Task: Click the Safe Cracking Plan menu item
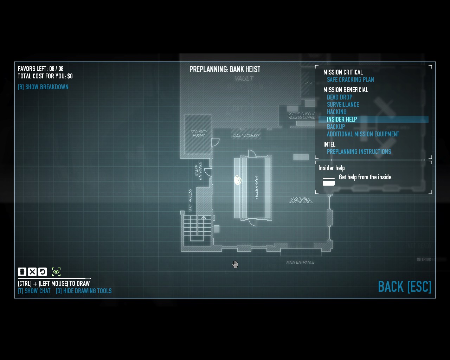pyautogui.click(x=350, y=80)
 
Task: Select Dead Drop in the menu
pyautogui.click(x=339, y=97)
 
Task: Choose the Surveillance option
pyautogui.click(x=343, y=105)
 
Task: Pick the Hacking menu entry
pyautogui.click(x=336, y=112)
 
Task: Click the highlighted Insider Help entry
pyautogui.click(x=342, y=120)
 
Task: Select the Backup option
pyautogui.click(x=336, y=127)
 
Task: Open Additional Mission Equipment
pyautogui.click(x=363, y=134)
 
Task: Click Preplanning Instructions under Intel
pyautogui.click(x=359, y=152)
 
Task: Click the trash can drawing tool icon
pyautogui.click(x=22, y=272)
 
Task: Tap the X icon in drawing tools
pyautogui.click(x=32, y=272)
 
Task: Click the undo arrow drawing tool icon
pyautogui.click(x=43, y=272)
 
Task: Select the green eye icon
pyautogui.click(x=56, y=272)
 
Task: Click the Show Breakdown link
pyautogui.click(x=43, y=87)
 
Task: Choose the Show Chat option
pyautogui.click(x=34, y=291)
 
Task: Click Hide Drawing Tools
pyautogui.click(x=84, y=291)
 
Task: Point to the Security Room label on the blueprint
pyautogui.click(x=199, y=134)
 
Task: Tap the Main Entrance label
pyautogui.click(x=300, y=262)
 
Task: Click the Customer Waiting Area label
pyautogui.click(x=300, y=200)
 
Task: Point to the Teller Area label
pyautogui.click(x=256, y=187)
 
